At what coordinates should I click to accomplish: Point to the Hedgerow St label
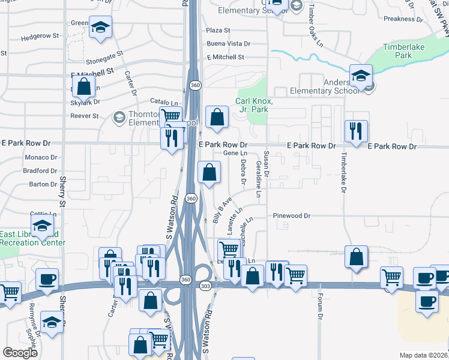[40, 36]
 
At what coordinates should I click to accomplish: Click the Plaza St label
[218, 30]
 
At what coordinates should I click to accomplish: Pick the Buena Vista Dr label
[228, 44]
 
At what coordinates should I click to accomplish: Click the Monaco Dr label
[40, 157]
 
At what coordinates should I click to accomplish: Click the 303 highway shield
[205, 286]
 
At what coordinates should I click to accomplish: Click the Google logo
[20, 353]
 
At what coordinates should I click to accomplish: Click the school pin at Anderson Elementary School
[361, 76]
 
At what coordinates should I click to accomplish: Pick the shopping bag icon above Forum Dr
[357, 256]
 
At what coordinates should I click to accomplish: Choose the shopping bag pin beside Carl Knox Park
[217, 116]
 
